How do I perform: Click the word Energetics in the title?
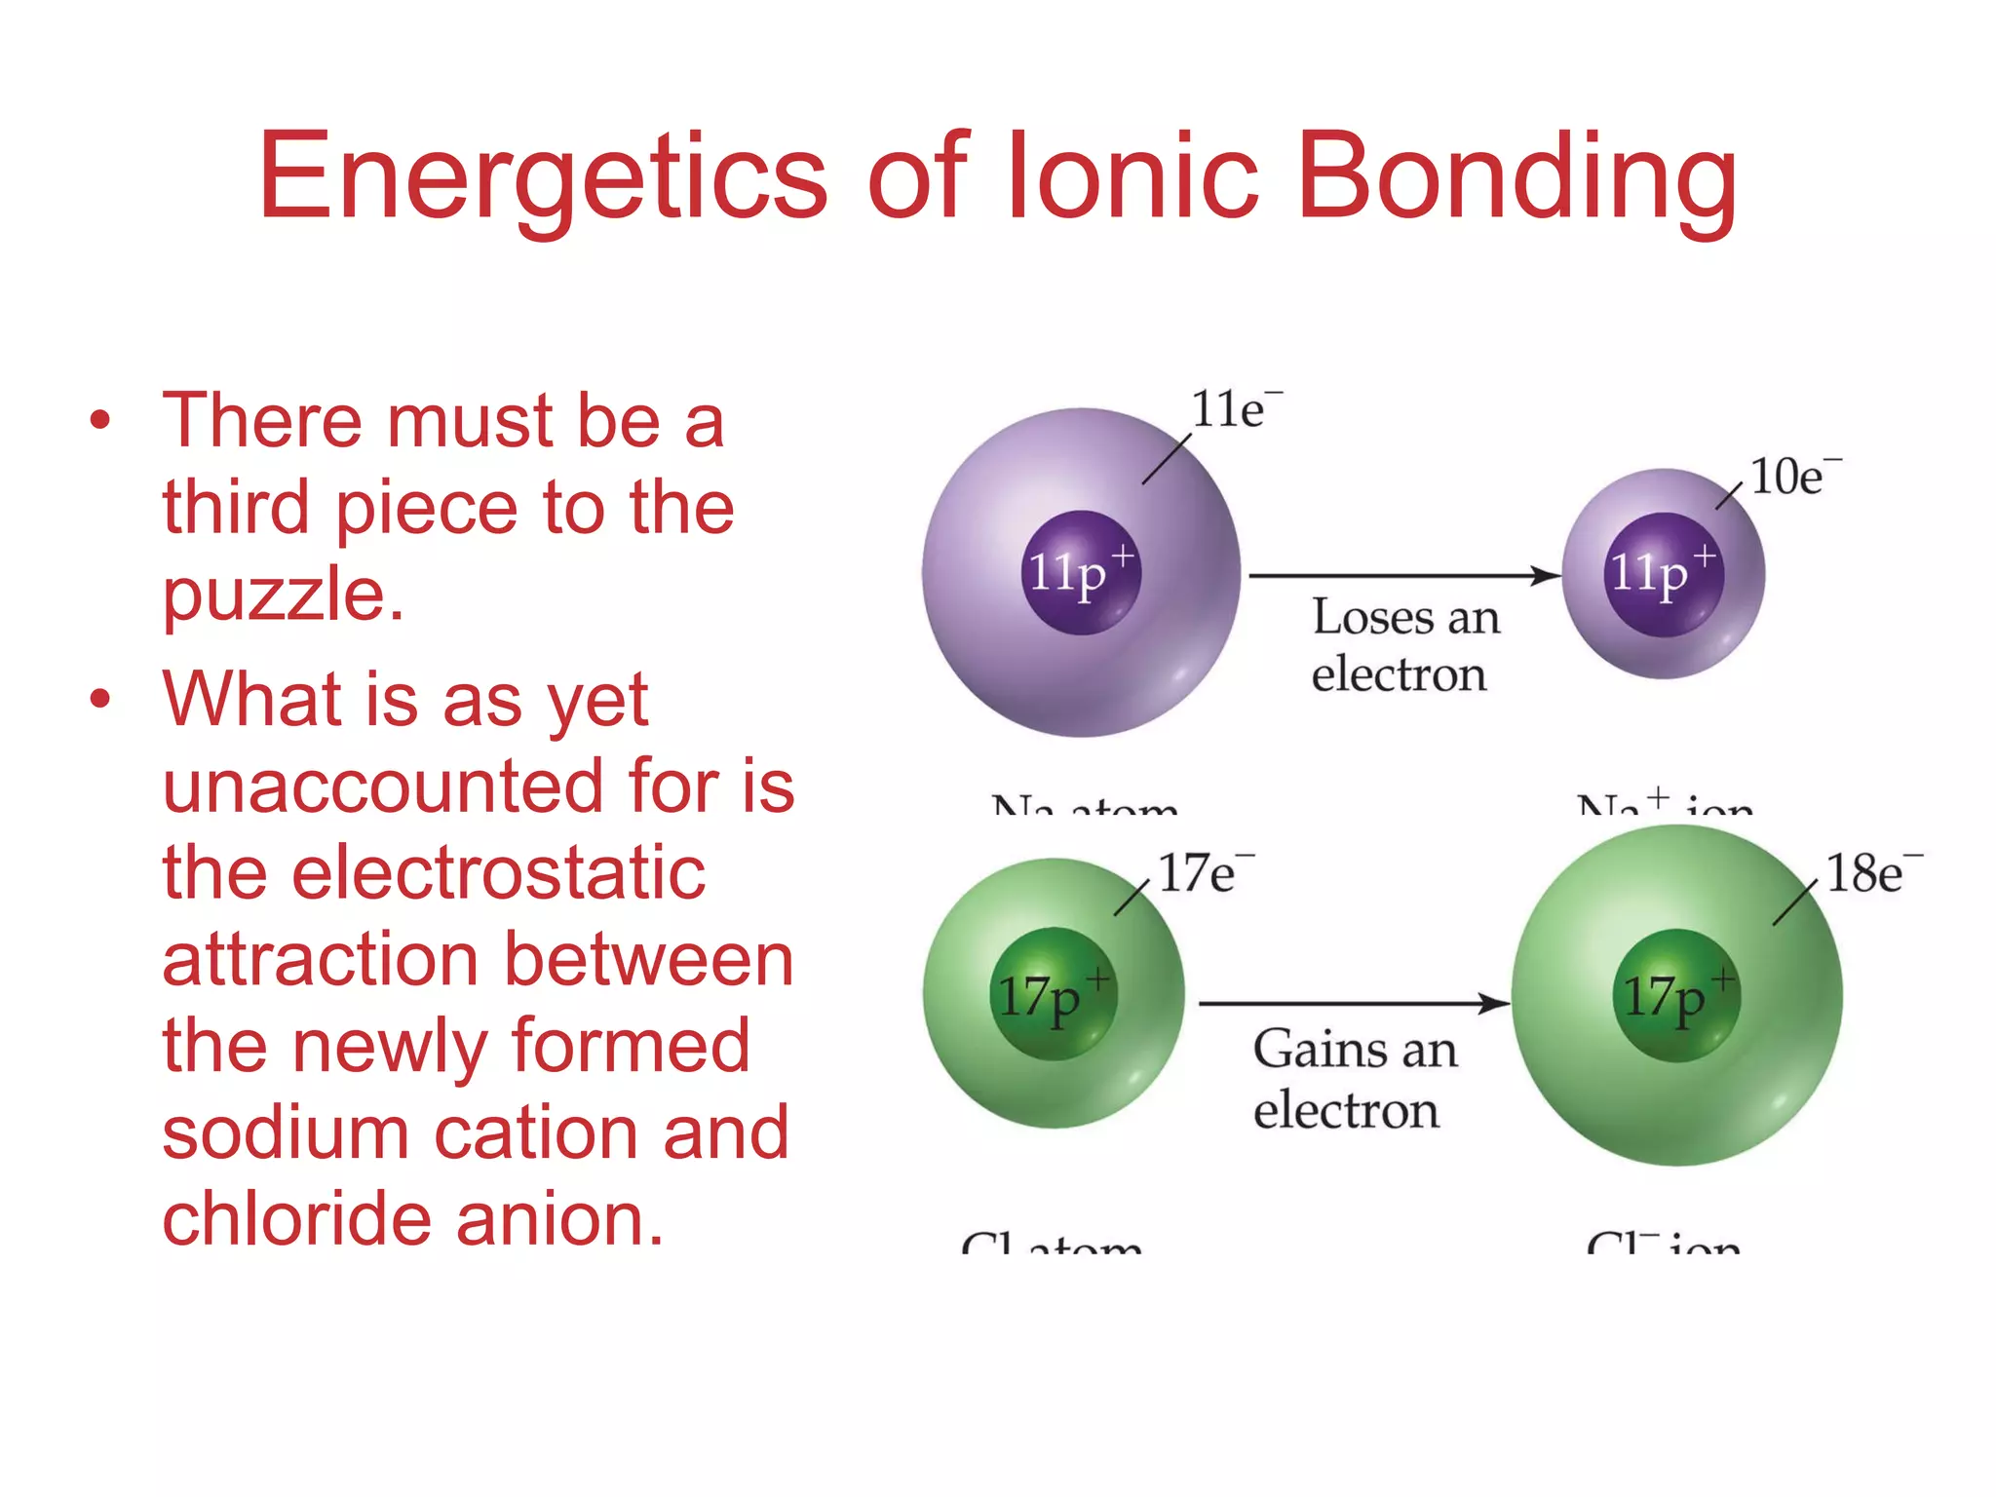[542, 177]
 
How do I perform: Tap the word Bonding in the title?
[1517, 177]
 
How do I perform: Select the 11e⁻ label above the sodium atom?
[1234, 408]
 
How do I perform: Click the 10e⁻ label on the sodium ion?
[1793, 477]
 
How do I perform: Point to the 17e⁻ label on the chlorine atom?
[1203, 872]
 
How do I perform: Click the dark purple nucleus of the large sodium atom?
[1080, 572]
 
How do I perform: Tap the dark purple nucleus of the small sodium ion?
[1663, 574]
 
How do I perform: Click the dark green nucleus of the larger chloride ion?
[1676, 995]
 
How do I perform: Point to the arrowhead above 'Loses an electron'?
[1545, 576]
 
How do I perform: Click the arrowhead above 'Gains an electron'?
[1493, 1003]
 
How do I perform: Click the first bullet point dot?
[100, 421]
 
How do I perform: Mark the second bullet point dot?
[100, 699]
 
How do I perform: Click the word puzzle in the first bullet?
[283, 595]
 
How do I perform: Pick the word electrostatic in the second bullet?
[434, 872]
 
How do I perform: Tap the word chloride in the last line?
[296, 1218]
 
